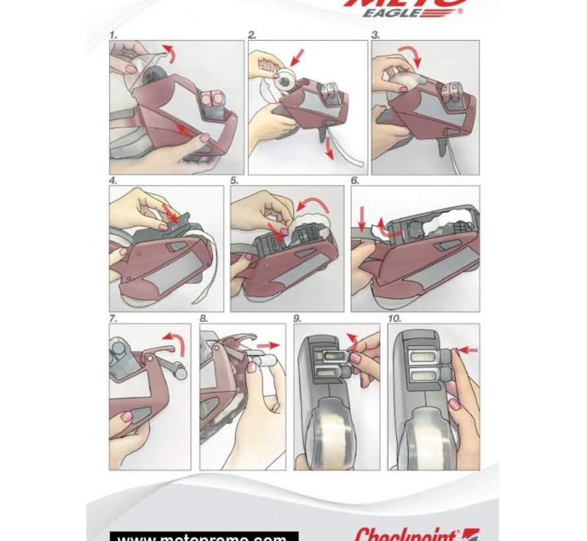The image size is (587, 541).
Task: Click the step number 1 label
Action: click(x=113, y=35)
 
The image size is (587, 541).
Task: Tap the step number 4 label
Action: click(x=113, y=180)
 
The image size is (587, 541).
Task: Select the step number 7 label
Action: click(x=113, y=318)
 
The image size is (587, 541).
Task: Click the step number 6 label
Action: click(x=355, y=180)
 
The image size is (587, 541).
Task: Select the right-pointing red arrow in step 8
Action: click(x=266, y=345)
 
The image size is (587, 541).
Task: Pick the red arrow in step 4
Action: click(x=173, y=216)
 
